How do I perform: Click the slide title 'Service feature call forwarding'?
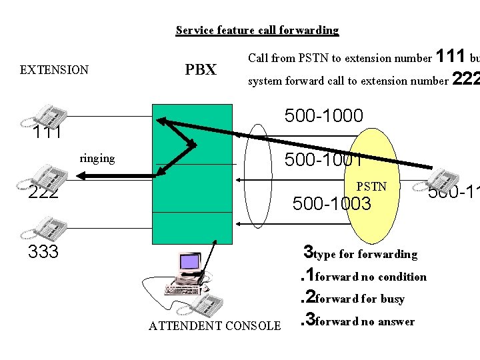point(257,30)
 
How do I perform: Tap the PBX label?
point(201,69)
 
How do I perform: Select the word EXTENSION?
point(54,70)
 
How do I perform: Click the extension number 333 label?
point(43,252)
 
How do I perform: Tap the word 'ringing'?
point(97,159)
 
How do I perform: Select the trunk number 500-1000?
point(323,116)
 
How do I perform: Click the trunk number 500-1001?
point(323,160)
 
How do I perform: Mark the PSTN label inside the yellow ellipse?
point(371,187)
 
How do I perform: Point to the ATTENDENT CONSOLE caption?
point(215,326)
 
